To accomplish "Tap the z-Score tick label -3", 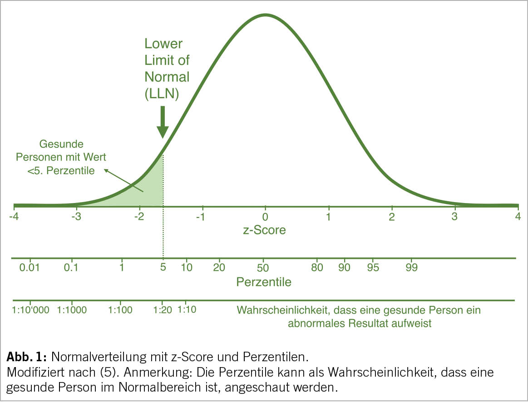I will tap(76, 216).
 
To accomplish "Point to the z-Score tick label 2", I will tap(391, 216).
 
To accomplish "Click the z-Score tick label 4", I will tap(517, 216).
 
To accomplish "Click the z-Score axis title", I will tap(264, 230).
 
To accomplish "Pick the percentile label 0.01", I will tap(30, 267).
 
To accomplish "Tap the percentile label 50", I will tap(263, 267).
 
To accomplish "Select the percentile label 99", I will tap(411, 267).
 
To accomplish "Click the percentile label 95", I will tap(373, 267).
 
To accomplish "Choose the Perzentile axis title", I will tap(264, 282).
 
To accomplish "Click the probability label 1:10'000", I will tap(30, 310).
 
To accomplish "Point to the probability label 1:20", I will tap(162, 310).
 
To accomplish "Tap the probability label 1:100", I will tap(120, 310).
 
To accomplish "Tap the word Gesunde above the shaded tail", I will tap(61, 145).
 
